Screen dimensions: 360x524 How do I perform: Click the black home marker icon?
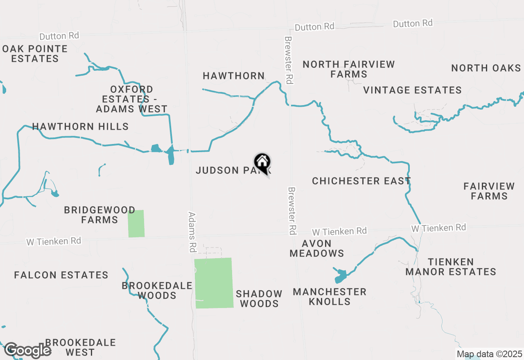click(262, 162)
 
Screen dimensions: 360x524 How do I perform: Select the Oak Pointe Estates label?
click(35, 54)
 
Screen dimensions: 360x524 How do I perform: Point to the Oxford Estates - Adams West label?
click(132, 99)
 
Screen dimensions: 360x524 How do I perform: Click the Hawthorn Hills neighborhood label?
click(80, 126)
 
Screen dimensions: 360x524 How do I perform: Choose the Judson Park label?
click(229, 170)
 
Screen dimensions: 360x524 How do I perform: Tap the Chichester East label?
click(361, 181)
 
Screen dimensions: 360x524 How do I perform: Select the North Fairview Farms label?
click(349, 69)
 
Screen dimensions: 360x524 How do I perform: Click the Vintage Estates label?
click(412, 90)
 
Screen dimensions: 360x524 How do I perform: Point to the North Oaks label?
click(486, 68)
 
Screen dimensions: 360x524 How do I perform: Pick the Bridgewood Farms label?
click(99, 215)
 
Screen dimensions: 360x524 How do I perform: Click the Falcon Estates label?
click(61, 275)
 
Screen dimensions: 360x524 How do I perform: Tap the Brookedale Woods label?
click(157, 290)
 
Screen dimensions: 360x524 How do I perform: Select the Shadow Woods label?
click(259, 299)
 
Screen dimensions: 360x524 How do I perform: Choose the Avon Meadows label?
click(317, 248)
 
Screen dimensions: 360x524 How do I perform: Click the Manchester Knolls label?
click(330, 297)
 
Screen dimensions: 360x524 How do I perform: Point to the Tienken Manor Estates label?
click(451, 267)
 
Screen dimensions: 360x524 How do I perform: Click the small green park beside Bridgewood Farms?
click(136, 223)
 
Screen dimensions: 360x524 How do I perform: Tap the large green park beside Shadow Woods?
click(213, 283)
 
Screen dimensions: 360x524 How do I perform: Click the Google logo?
click(28, 350)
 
